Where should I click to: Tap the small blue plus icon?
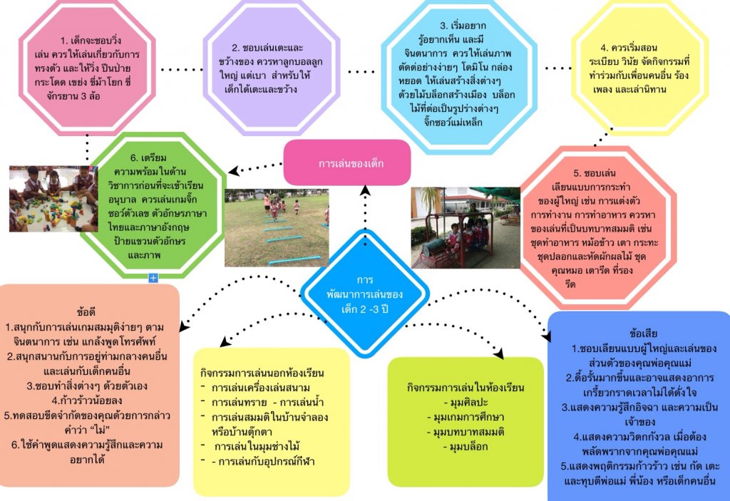(153, 278)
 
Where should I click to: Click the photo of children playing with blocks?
(45, 200)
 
